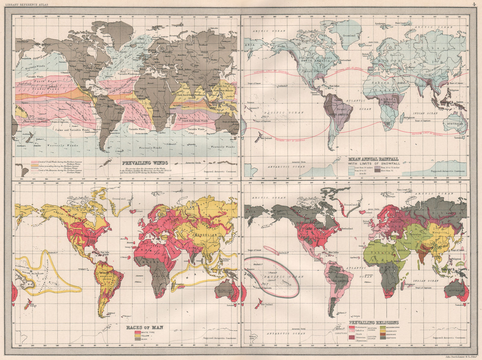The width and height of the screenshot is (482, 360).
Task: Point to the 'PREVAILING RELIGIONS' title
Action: coord(374,323)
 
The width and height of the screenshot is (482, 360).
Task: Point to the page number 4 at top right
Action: coord(474,4)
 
